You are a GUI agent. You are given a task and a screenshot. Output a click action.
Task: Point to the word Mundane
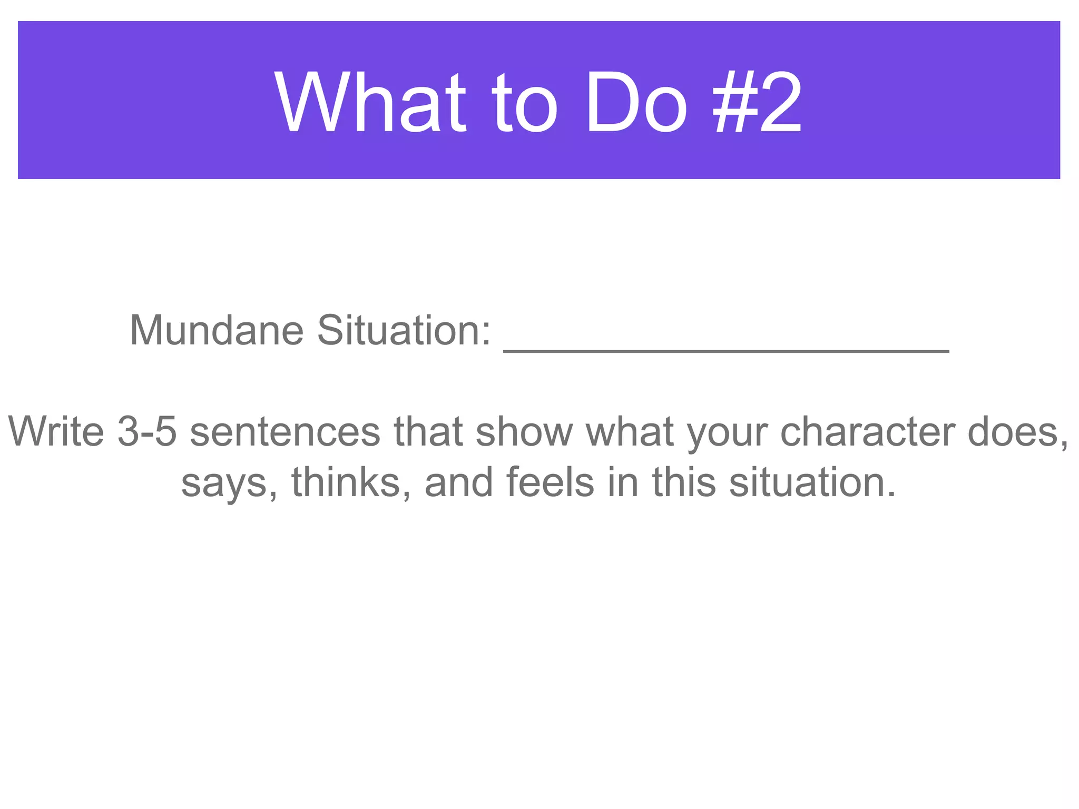click(x=217, y=331)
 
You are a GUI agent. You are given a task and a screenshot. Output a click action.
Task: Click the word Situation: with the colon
click(x=404, y=331)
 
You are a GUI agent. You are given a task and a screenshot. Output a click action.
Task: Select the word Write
click(x=56, y=432)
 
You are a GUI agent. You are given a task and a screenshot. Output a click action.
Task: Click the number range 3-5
click(x=147, y=432)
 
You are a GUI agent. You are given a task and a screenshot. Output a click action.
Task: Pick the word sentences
click(x=285, y=432)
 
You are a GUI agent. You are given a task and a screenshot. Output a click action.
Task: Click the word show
click(x=524, y=432)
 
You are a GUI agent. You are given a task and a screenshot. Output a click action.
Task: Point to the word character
click(x=867, y=432)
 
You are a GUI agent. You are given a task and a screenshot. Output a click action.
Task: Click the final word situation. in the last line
click(x=812, y=482)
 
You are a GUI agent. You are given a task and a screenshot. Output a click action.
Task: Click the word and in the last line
click(x=459, y=482)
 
